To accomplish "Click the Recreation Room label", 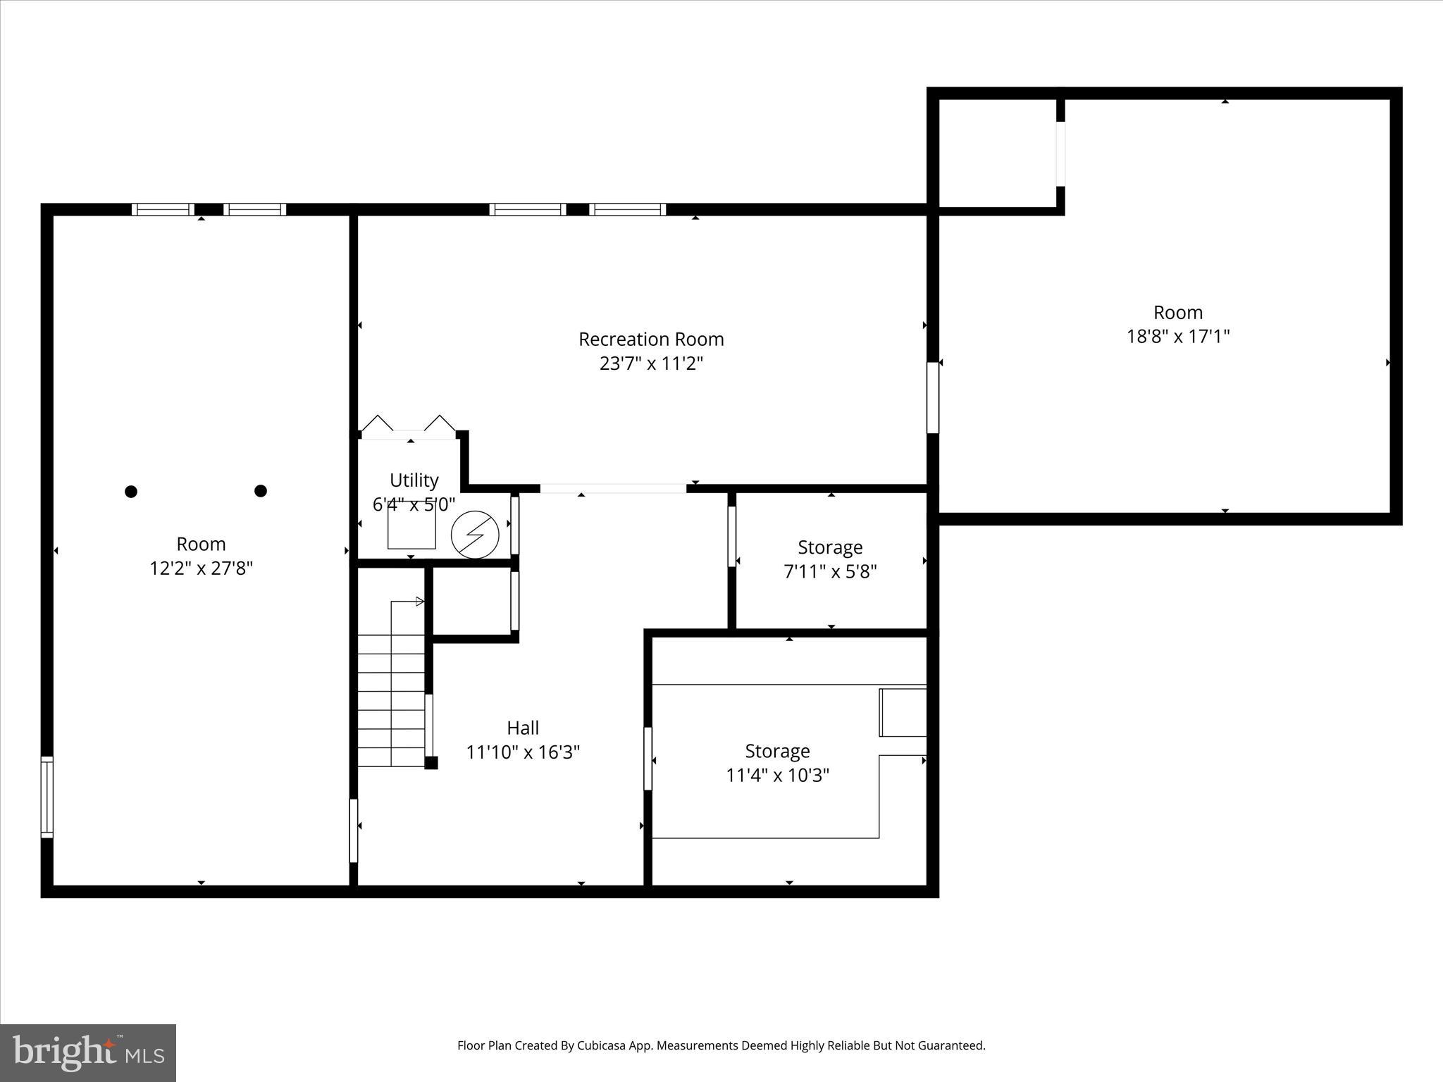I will click(x=651, y=340).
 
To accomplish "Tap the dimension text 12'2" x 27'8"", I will click(x=201, y=568).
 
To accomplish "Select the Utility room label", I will click(x=414, y=480).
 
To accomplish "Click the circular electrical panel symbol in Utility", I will click(x=475, y=535).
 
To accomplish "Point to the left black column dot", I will click(x=131, y=492).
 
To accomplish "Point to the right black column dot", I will click(x=261, y=491).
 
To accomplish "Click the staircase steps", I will click(x=391, y=701).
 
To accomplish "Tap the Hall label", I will click(x=523, y=728).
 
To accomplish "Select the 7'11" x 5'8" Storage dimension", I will click(x=830, y=571).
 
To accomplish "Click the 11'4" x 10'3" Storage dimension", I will click(x=777, y=776).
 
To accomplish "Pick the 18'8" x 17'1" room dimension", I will click(x=1178, y=336).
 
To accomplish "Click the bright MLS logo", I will click(x=88, y=1053).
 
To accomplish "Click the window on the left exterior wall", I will click(x=47, y=797).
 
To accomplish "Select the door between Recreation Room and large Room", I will click(x=932, y=398).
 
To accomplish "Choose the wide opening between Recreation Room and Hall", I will click(x=613, y=488).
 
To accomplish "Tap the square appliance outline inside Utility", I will click(x=411, y=527).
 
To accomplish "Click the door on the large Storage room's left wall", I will click(x=648, y=759).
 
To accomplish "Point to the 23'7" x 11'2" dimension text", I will click(x=651, y=363).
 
